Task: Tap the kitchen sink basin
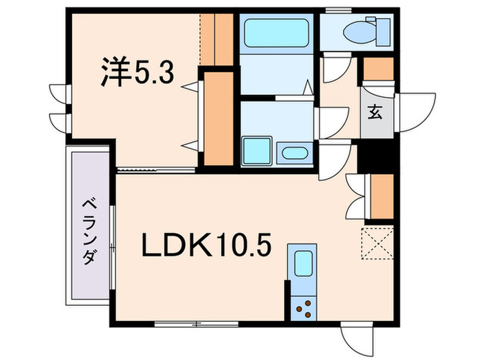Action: (x=301, y=264)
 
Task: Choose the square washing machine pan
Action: (x=256, y=150)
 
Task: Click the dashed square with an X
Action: (x=378, y=243)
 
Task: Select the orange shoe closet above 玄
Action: (x=378, y=69)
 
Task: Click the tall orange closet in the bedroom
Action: (x=220, y=118)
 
